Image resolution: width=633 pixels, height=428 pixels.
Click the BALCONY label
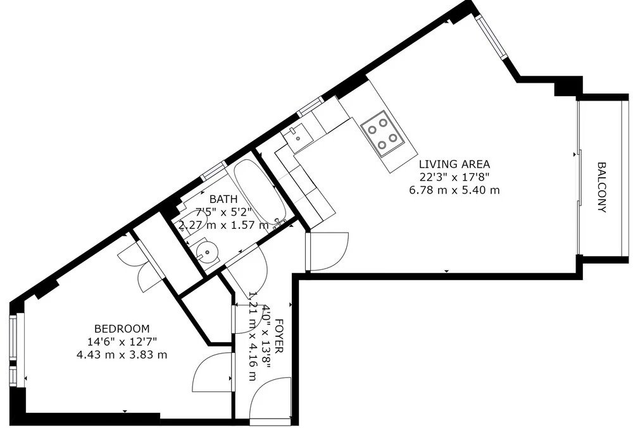[x=602, y=187]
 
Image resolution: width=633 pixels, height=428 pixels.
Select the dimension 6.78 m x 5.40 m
[x=454, y=190]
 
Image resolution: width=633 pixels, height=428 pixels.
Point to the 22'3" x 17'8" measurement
[x=454, y=178]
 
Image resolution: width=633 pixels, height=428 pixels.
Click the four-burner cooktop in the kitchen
[x=383, y=132]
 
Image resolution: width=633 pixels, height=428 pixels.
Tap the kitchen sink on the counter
[x=296, y=135]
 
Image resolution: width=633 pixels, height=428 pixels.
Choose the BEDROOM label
[x=122, y=329]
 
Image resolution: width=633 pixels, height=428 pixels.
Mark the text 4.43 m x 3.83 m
[x=122, y=354]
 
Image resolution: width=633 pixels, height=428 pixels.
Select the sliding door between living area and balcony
[x=579, y=177]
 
